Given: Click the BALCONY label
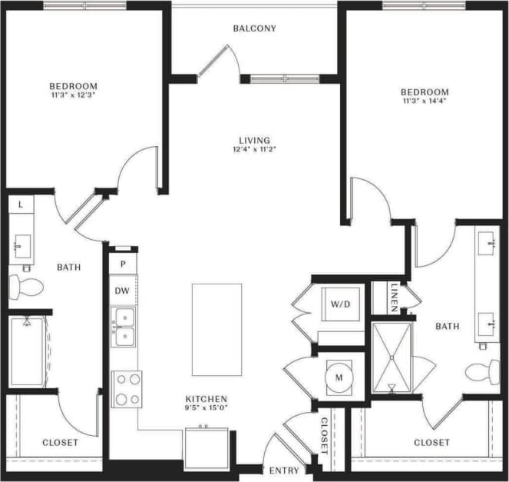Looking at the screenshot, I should coord(254,29).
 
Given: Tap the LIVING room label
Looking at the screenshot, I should coord(254,140).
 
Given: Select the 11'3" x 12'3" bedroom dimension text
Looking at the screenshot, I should coord(73,95).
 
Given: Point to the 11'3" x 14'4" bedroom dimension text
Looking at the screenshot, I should coord(424,101).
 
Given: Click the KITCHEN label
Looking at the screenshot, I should coord(206,398).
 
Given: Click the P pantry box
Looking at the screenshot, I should coord(123,264).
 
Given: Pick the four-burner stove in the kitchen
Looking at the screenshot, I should coord(127,388).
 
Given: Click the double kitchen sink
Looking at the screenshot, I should coord(123,327).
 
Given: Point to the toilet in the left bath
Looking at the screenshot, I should coord(25,287).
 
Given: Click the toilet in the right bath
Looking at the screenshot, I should coord(482,371).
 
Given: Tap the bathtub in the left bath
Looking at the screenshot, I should coord(28,351).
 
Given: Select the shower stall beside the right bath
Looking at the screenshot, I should coord(392,356).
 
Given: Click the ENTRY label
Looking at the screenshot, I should coord(279,470).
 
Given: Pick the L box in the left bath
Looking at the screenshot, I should coord(20,204).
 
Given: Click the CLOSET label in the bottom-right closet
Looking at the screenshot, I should coord(431,443).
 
